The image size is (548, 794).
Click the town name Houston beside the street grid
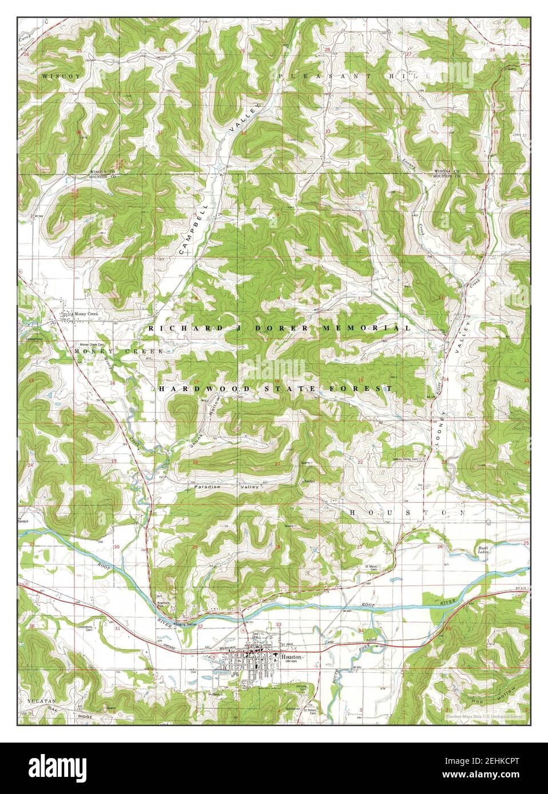[x=291, y=657]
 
